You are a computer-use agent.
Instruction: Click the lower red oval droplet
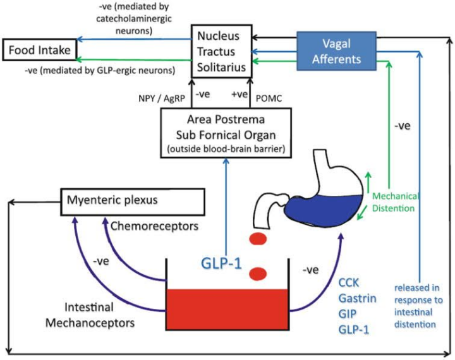(257, 273)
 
